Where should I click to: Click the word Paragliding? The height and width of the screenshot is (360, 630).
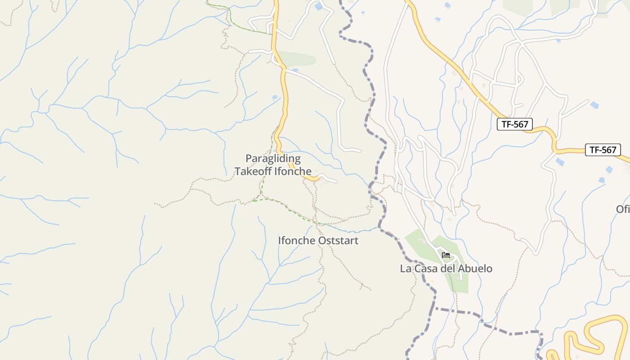click(x=273, y=158)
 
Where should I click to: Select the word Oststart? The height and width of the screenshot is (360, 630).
click(x=338, y=240)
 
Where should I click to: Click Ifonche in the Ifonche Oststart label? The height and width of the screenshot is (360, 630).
click(x=297, y=240)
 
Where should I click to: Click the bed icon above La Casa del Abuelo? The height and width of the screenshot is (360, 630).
click(x=446, y=255)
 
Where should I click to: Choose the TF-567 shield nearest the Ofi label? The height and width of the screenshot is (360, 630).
click(x=603, y=150)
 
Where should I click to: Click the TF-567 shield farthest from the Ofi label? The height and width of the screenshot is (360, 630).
click(x=514, y=124)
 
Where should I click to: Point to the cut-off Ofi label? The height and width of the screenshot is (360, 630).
click(x=623, y=209)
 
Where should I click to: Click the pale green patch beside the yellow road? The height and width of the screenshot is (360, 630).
click(x=298, y=59)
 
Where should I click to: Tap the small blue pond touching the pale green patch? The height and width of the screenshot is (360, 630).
click(x=295, y=70)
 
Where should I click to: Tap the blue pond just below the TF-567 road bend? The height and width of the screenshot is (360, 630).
click(x=560, y=162)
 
